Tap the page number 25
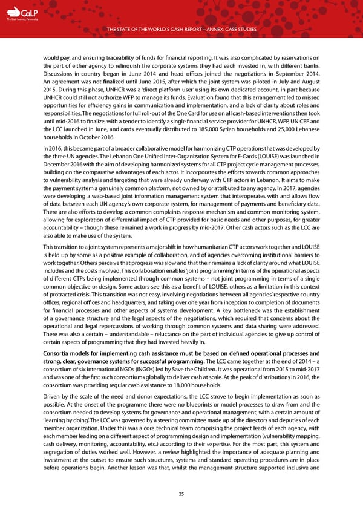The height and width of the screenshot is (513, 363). coord(181,494)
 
